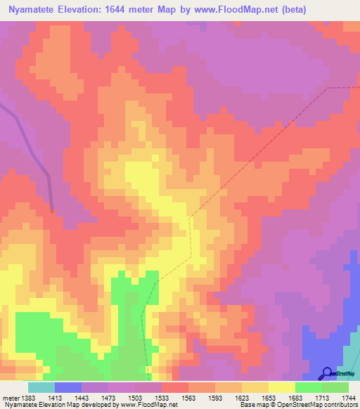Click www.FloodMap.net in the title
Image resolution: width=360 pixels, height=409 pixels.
pyautogui.click(x=243, y=10)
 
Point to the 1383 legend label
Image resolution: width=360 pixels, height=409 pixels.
pyautogui.click(x=27, y=398)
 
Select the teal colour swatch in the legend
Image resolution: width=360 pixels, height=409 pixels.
pyautogui.click(x=41, y=387)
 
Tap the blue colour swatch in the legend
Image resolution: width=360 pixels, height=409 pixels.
pyautogui.click(x=68, y=387)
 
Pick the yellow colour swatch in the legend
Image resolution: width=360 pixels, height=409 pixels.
pyautogui.click(x=281, y=387)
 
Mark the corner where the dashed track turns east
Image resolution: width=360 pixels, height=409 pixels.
pyautogui.click(x=327, y=89)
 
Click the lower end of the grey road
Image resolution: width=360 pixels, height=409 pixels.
pyautogui.click(x=53, y=209)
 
